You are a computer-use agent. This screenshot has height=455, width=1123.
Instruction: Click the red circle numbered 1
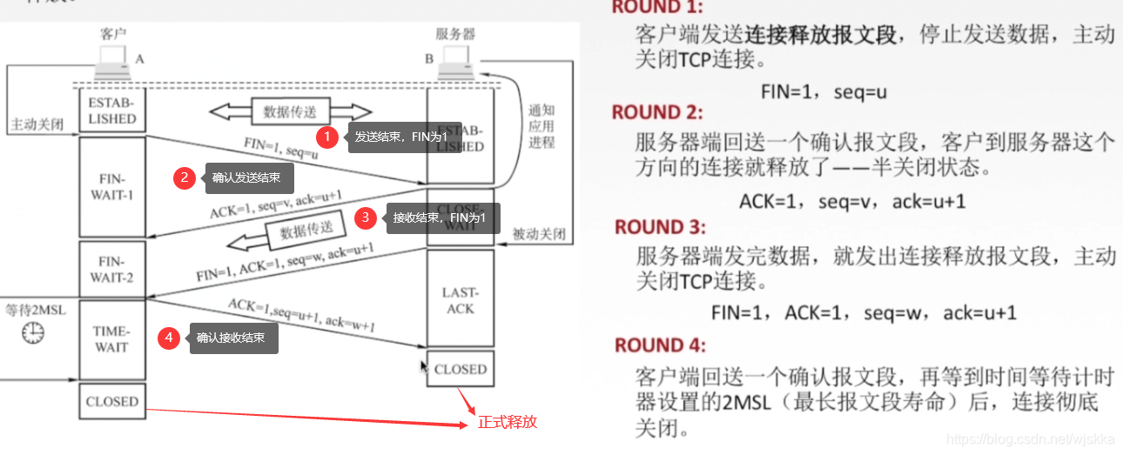click(x=327, y=137)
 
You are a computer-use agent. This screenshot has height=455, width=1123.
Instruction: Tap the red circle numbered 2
click(x=184, y=178)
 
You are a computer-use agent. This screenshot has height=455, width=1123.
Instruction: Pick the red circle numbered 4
click(x=169, y=338)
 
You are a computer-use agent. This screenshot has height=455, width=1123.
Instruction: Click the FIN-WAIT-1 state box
click(x=111, y=186)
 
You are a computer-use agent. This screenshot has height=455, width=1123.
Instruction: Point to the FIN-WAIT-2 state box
click(x=111, y=270)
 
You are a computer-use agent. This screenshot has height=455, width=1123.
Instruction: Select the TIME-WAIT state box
click(x=111, y=339)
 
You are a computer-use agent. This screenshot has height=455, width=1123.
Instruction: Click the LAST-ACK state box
click(x=461, y=300)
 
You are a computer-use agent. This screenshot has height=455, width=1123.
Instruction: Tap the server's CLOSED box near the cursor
click(x=461, y=369)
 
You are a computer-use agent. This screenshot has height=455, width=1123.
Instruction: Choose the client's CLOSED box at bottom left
click(x=111, y=401)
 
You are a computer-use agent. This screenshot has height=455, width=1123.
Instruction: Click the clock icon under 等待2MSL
click(x=32, y=331)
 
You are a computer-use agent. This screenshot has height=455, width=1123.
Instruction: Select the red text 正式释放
click(x=508, y=423)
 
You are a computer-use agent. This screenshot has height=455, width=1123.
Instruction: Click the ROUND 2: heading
click(x=657, y=112)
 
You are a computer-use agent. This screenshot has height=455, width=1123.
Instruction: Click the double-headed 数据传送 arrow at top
click(x=290, y=111)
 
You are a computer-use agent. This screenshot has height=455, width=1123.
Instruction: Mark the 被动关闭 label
click(x=539, y=235)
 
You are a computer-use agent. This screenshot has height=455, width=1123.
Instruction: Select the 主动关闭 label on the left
click(x=37, y=124)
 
